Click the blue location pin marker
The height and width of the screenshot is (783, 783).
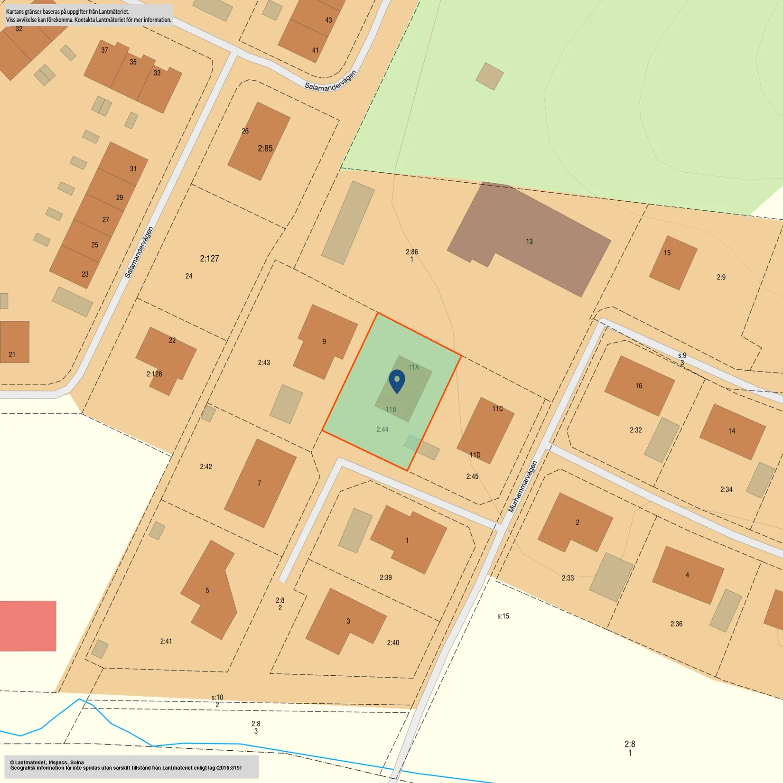[397, 381]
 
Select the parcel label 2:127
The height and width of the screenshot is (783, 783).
[209, 259]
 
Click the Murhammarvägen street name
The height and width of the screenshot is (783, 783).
[522, 486]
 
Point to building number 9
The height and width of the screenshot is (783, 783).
[325, 341]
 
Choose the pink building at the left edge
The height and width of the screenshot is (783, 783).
[27, 625]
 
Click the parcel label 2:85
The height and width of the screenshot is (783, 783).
[265, 149]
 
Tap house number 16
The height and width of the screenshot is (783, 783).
[639, 386]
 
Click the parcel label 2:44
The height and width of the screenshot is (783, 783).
[382, 429]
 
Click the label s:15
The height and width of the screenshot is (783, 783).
[503, 616]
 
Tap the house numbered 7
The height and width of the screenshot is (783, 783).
[260, 483]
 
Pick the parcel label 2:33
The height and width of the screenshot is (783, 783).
[568, 578]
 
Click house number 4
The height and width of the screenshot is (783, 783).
[687, 575]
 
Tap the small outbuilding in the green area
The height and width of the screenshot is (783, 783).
[489, 76]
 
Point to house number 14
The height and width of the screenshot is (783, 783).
[732, 431]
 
